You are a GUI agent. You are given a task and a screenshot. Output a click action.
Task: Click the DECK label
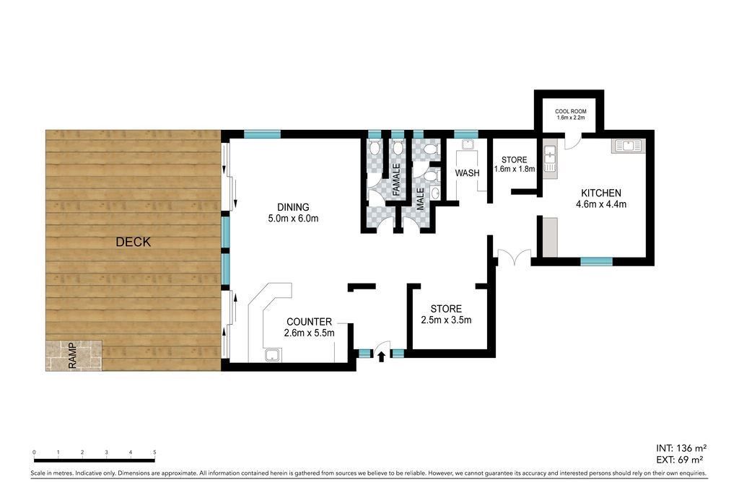(134, 242)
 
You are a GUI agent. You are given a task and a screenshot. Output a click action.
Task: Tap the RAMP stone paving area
(74, 355)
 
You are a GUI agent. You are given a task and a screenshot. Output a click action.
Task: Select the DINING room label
(293, 207)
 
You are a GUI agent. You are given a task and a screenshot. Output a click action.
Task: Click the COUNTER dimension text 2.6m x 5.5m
(309, 333)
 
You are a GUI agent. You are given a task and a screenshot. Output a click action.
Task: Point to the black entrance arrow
(381, 356)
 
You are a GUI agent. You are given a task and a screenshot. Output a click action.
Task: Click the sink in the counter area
(273, 355)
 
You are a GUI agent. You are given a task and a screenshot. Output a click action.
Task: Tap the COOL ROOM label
(571, 112)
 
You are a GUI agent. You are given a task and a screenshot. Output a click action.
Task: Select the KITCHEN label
(601, 193)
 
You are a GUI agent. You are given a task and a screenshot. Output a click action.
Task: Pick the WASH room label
(467, 173)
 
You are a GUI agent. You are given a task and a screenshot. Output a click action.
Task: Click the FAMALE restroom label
(396, 180)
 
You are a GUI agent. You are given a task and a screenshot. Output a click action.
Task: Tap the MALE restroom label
(421, 198)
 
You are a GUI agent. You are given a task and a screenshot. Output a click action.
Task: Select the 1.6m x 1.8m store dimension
(514, 169)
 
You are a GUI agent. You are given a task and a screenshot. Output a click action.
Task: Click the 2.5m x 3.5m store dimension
(446, 320)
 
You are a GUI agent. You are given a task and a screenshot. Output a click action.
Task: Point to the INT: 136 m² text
(681, 448)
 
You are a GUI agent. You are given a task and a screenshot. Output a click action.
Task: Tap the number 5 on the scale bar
(154, 452)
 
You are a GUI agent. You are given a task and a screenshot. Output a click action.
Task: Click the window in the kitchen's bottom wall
(596, 261)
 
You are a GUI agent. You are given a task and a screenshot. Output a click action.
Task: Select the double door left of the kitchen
(512, 258)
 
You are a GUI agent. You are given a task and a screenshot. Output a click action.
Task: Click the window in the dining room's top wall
(262, 134)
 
